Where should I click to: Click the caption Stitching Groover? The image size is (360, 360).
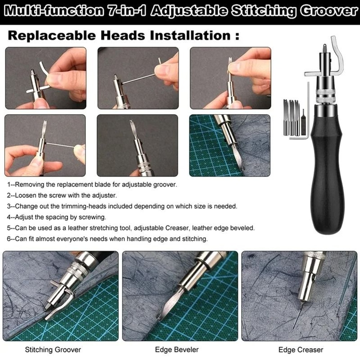[x=53, y=349]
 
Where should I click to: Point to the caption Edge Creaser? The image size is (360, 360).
[x=301, y=350]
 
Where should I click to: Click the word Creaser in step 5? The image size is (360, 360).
[x=206, y=228]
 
